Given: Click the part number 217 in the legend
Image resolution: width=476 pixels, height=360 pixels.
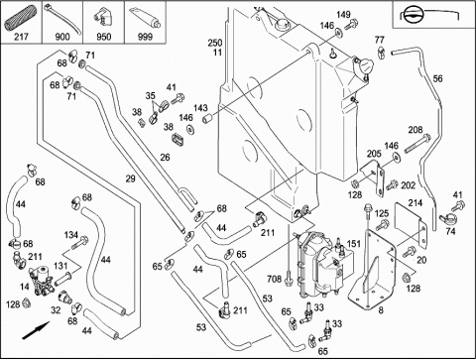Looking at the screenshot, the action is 21,37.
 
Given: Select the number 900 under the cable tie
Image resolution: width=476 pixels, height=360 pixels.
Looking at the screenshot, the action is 62,37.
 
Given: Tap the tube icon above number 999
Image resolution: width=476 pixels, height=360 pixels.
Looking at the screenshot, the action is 145,18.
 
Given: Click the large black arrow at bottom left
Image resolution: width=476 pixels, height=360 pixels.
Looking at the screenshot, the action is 36,329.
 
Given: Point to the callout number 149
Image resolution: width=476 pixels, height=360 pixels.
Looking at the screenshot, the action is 343,15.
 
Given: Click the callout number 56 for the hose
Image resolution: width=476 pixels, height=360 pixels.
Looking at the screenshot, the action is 437,78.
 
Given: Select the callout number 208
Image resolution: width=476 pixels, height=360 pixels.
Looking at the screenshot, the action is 416,130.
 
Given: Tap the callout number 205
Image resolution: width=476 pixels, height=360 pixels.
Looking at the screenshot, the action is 374,154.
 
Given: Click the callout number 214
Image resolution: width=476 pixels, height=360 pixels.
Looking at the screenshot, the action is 416,202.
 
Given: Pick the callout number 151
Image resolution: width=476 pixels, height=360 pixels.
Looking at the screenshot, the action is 354,244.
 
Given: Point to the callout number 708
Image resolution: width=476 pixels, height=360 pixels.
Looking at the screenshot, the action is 275,279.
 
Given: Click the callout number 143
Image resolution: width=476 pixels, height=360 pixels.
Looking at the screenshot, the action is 200,108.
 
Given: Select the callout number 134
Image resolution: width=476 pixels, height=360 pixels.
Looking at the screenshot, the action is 71,235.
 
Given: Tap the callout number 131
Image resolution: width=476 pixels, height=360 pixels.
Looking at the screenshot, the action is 60,266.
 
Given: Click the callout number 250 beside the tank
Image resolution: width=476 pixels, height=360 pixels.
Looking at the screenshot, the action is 215,43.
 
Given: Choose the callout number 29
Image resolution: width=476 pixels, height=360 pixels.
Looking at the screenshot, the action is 131,179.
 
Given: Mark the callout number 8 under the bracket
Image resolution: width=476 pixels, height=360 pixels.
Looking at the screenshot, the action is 381,310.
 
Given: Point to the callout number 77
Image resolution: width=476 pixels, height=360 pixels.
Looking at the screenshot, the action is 380,40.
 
